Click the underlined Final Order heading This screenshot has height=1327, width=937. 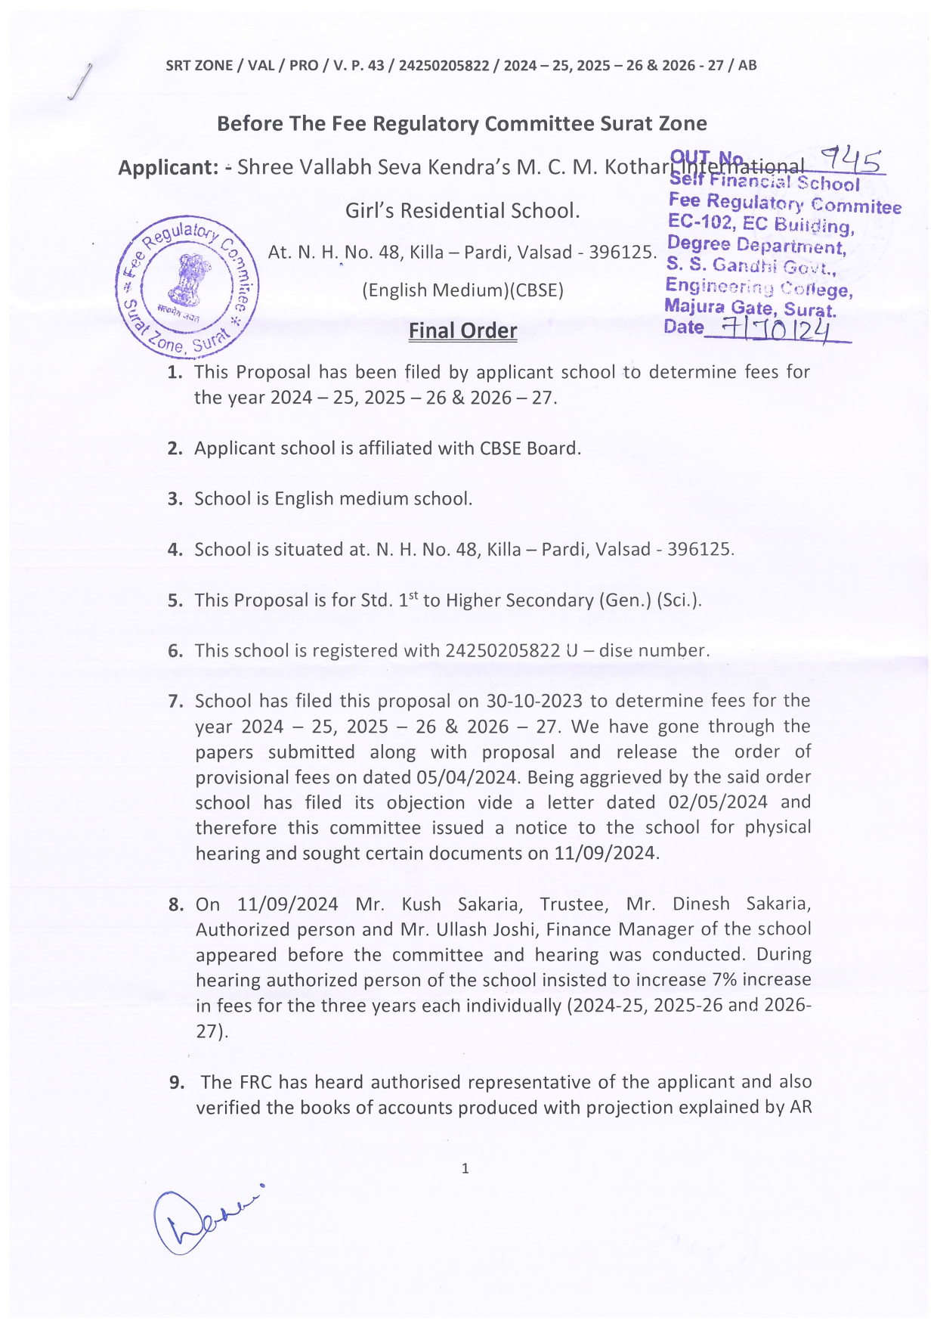(x=462, y=331)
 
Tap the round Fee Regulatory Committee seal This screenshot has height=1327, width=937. (x=187, y=287)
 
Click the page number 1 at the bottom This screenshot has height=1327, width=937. (x=465, y=1168)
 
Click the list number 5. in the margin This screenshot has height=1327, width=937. (x=175, y=601)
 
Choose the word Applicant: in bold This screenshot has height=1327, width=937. (x=168, y=167)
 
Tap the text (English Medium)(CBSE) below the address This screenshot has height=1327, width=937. (x=462, y=290)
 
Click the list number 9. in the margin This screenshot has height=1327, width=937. (x=177, y=1083)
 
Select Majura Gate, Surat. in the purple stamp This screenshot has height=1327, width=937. (x=750, y=308)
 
